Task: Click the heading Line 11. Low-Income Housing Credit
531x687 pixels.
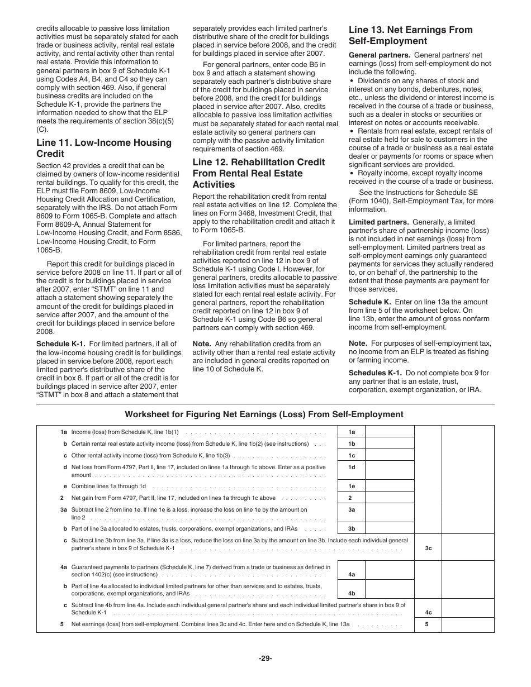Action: [103, 148]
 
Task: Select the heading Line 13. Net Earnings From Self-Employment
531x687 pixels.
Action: [410, 35]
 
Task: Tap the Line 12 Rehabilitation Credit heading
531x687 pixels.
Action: [258, 173]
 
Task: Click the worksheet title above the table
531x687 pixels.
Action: [264, 414]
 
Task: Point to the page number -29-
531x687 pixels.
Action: [265, 658]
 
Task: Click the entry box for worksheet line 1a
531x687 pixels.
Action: [390, 432]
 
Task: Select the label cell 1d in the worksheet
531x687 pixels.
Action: [352, 467]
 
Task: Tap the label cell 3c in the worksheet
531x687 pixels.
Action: [428, 548]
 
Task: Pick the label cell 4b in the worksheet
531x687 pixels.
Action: [352, 593]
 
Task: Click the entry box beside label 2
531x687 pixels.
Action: [390, 498]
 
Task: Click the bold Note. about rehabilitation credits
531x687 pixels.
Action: [201, 344]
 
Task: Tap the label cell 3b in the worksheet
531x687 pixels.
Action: [352, 528]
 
